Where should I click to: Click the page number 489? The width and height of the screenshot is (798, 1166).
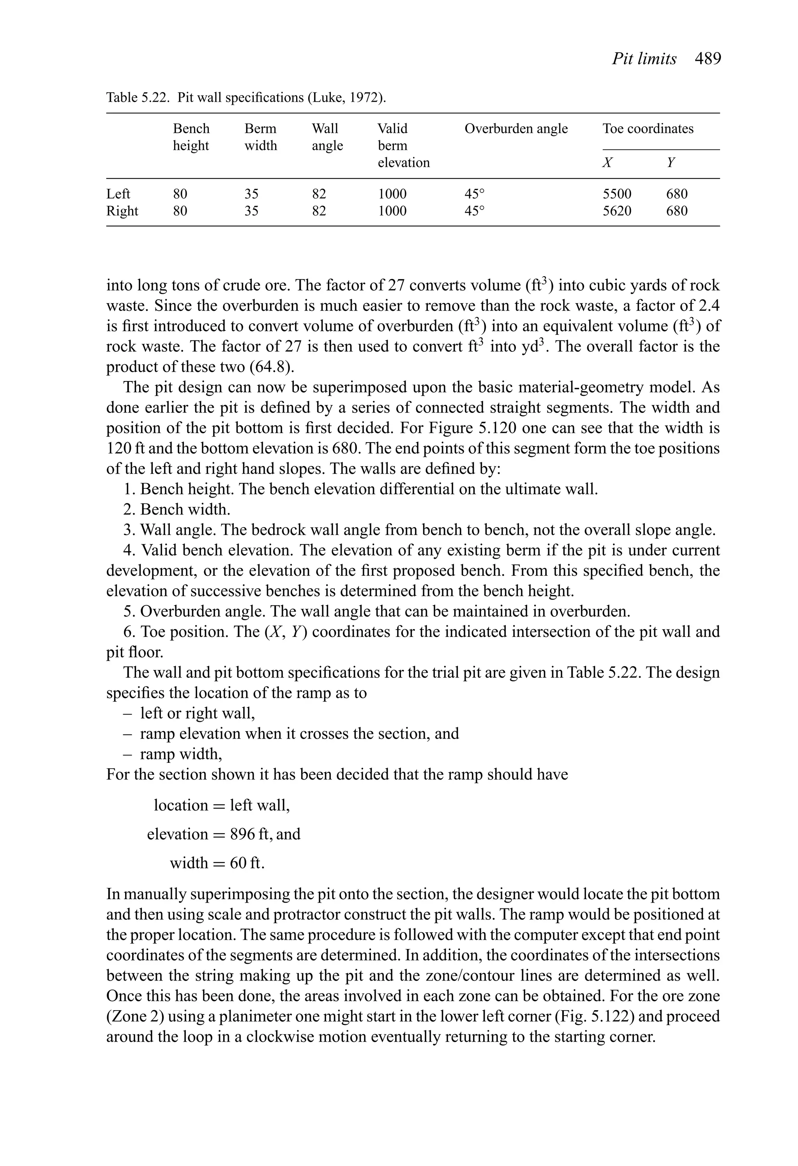pyautogui.click(x=708, y=59)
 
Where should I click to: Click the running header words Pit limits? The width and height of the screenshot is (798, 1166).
pyautogui.click(x=644, y=59)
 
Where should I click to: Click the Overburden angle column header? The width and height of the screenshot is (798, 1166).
pyautogui.click(x=516, y=129)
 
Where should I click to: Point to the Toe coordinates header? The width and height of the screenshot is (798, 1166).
pyautogui.click(x=648, y=129)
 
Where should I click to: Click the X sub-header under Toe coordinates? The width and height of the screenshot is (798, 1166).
pyautogui.click(x=607, y=162)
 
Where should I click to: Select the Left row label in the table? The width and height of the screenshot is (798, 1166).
pyautogui.click(x=118, y=194)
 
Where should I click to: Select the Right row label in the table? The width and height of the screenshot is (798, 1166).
pyautogui.click(x=122, y=211)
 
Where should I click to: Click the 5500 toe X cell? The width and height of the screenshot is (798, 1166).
pyautogui.click(x=617, y=194)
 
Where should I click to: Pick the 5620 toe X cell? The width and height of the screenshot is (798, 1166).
pyautogui.click(x=617, y=211)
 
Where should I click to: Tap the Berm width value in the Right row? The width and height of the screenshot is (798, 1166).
pyautogui.click(x=251, y=211)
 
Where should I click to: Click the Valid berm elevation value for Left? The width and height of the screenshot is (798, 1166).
pyautogui.click(x=392, y=194)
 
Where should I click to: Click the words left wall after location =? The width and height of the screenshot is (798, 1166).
pyautogui.click(x=260, y=805)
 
